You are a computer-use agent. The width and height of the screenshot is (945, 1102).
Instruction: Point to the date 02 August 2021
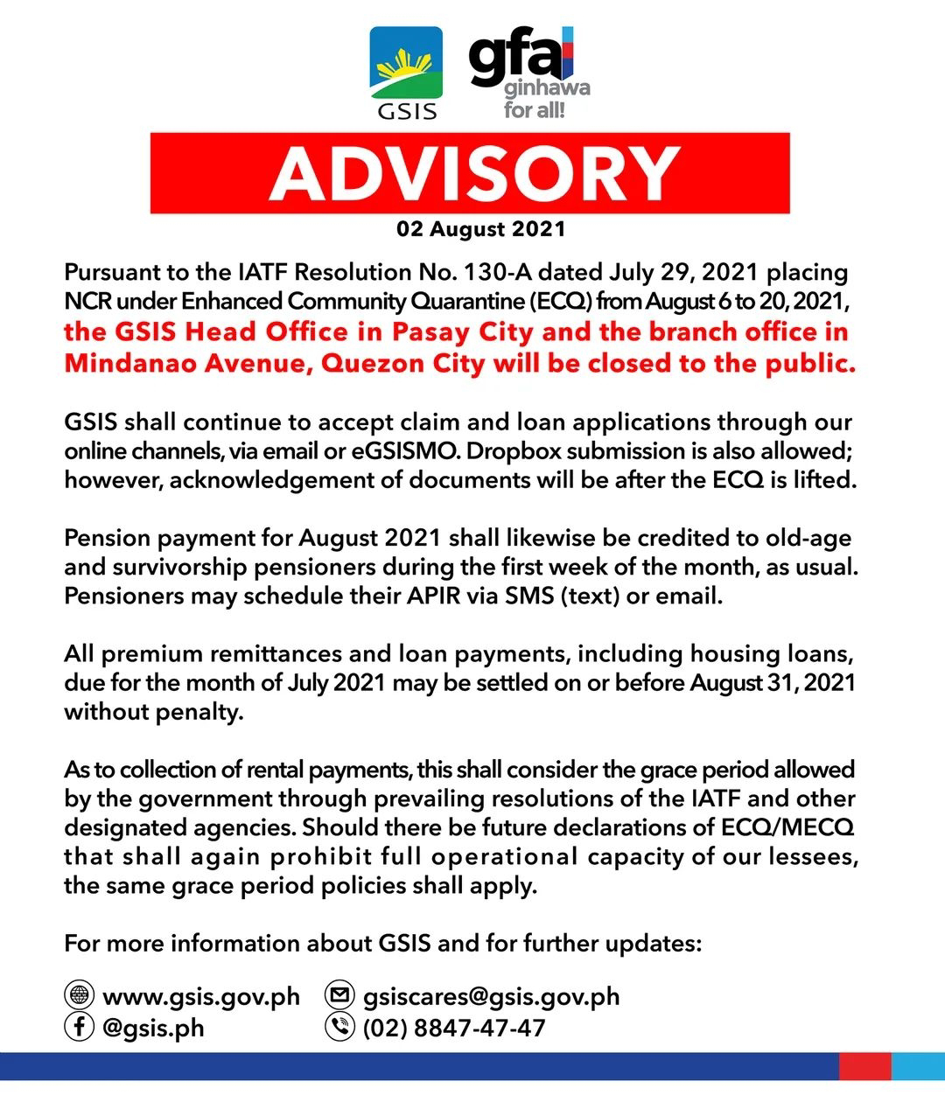481,229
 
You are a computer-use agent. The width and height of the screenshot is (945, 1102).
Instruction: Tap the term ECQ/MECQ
787,827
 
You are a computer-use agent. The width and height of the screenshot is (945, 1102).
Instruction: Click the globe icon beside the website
80,996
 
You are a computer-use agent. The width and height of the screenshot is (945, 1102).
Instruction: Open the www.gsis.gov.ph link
201,997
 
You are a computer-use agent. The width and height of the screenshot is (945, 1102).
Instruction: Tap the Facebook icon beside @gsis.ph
80,1026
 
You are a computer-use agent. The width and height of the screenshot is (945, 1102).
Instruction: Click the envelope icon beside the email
339,996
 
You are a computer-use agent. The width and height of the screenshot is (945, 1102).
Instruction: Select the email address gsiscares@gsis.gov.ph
491,997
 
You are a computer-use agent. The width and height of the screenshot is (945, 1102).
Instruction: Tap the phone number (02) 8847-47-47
454,1028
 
